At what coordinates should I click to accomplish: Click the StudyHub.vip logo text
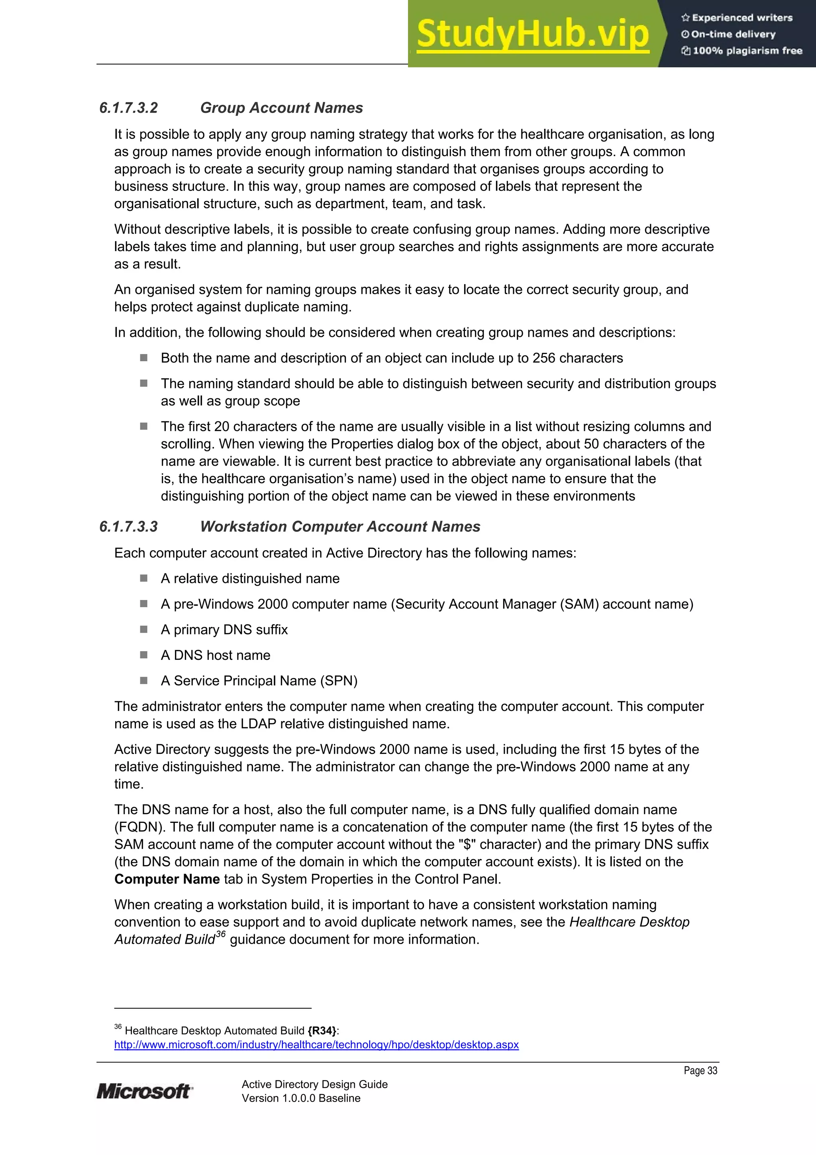pos(532,34)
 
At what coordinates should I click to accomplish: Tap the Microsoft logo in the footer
pos(144,1091)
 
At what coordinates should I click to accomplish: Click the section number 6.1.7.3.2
pos(129,108)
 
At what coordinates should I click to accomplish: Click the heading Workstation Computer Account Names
pos(340,526)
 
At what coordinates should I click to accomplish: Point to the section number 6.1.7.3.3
pos(129,526)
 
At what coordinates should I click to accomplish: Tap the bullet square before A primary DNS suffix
pos(144,629)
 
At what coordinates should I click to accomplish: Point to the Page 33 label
pos(700,1070)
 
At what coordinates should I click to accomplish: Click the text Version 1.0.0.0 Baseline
pos(301,1098)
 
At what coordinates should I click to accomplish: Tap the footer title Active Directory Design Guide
pos(314,1084)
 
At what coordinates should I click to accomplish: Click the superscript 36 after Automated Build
pos(220,935)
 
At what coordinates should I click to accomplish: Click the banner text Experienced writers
pos(741,18)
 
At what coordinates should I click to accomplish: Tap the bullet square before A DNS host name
pos(144,655)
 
